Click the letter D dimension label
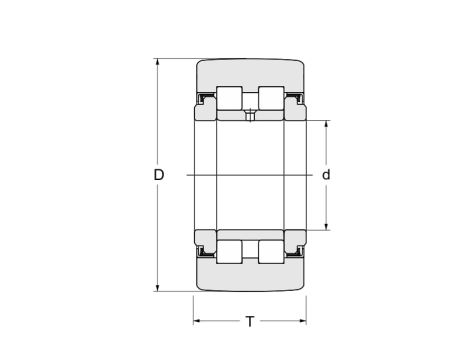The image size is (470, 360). pos(158,175)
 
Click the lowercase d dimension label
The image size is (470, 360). pos(326,175)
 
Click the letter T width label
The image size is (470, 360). pos(249,321)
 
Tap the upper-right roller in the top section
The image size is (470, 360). pos(271,98)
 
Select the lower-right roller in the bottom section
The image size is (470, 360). pos(271,252)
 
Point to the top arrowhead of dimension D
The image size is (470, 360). pos(158,63)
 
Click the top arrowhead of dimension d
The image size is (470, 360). pos(326,125)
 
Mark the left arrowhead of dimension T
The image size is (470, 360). pos(198,321)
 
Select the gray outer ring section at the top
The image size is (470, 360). pos(250,72)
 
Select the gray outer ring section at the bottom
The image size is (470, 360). pos(250,278)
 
